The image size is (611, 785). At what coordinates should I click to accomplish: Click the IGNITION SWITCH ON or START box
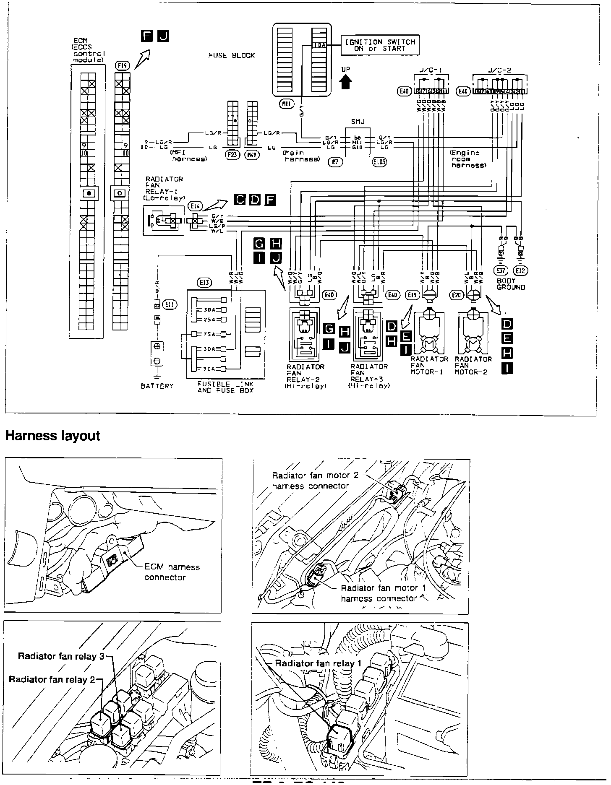pos(380,45)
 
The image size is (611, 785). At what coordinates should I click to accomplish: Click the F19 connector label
pos(123,65)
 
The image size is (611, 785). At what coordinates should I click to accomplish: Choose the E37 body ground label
pos(502,271)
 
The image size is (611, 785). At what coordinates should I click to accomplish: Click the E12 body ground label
pos(520,271)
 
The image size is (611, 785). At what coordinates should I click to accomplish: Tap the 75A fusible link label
pos(209,334)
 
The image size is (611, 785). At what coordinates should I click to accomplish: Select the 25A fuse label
pos(209,320)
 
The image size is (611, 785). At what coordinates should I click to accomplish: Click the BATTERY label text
pos(157,386)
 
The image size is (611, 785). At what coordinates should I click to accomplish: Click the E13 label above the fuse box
pos(204,283)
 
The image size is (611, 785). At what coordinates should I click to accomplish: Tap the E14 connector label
pos(196,205)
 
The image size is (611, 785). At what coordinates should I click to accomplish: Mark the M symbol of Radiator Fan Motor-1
pos(428,344)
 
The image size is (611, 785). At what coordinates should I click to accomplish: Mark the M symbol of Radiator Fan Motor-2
pos(473,344)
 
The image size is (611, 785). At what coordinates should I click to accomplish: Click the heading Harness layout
pos(52,436)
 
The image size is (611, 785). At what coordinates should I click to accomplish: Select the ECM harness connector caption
pos(172,572)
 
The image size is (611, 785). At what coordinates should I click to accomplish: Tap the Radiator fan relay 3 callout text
pos(61,656)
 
